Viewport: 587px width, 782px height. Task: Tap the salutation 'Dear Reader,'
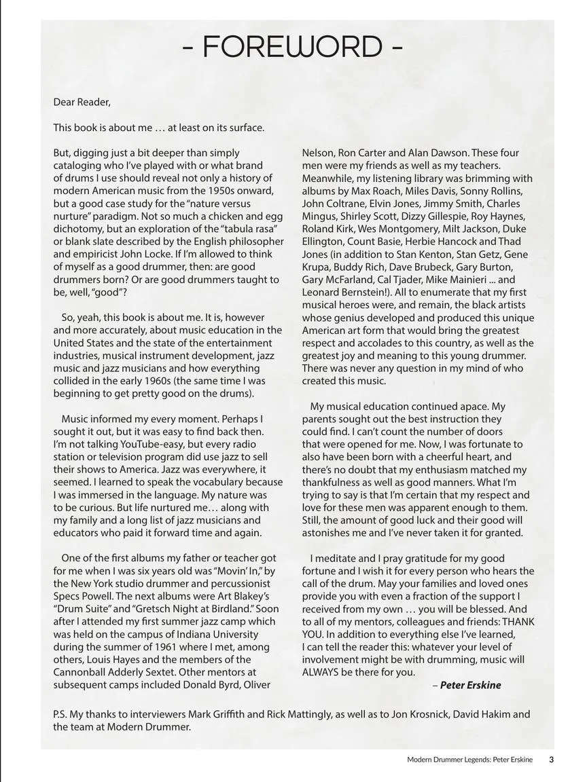(x=82, y=102)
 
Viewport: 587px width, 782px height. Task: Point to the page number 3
(x=551, y=760)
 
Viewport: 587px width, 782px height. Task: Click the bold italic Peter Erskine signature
(x=470, y=685)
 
